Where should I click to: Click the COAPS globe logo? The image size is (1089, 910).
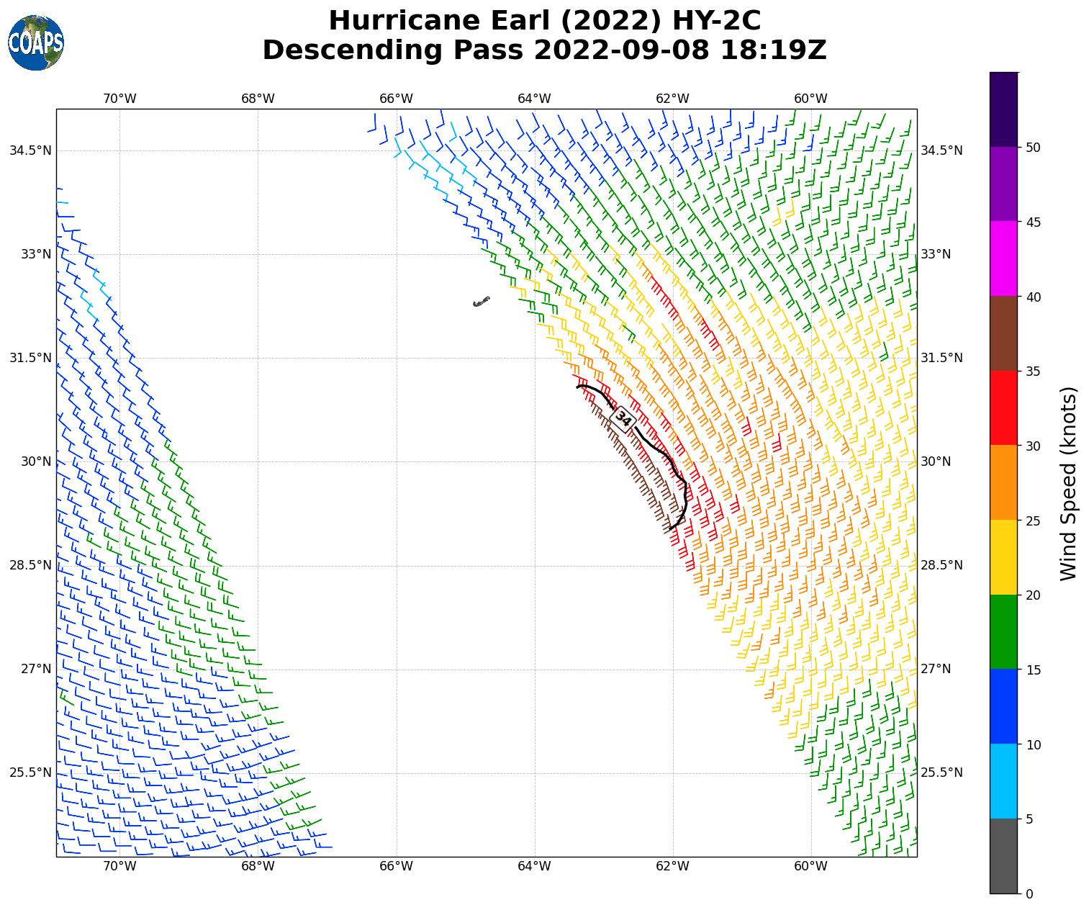35,42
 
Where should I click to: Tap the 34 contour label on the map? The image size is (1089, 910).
623,419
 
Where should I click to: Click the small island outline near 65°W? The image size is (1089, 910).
482,301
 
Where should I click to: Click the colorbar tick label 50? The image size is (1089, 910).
1034,148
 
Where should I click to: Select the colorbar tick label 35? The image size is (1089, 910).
1034,371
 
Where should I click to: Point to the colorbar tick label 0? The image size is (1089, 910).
1029,893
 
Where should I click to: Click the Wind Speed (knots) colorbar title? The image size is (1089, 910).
1070,483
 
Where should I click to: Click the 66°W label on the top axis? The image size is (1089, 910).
396,99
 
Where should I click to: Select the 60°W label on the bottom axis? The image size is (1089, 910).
810,866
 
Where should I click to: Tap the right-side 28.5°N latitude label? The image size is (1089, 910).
941,565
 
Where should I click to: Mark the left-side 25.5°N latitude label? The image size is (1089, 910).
30,772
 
